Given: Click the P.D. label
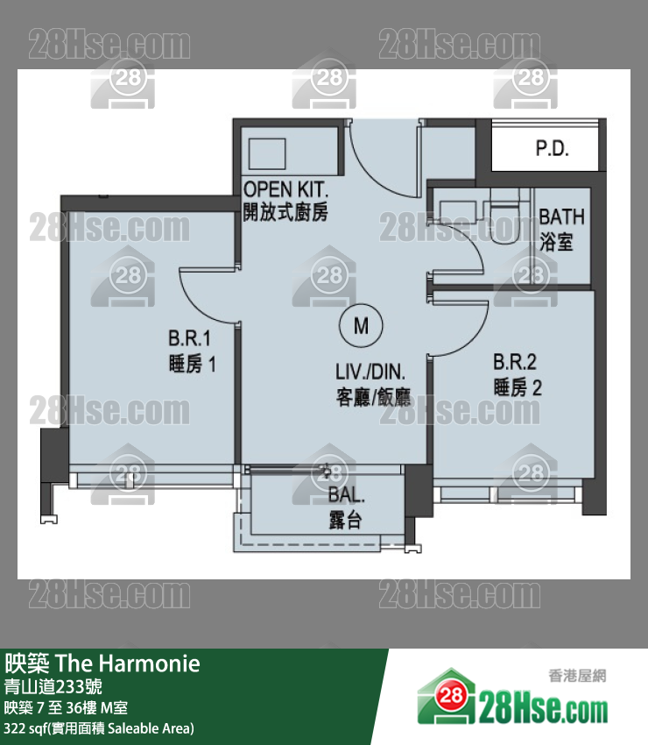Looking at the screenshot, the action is [552, 149].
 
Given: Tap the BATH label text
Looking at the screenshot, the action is [561, 216].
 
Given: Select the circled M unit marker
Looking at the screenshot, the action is [361, 326].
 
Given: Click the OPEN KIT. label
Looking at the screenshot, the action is [285, 189].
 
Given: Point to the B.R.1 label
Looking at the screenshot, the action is [189, 338].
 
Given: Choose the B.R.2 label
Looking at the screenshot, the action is [515, 362].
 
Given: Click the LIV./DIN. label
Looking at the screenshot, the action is [370, 372].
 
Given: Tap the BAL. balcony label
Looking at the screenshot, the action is [347, 495].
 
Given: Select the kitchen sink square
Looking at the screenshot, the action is [267, 153].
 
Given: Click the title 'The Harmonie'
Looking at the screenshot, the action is [128, 663].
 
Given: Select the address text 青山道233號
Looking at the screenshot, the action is [53, 686].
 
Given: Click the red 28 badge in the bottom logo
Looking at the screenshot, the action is [450, 696].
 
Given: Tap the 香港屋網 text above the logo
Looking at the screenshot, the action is [577, 675].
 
